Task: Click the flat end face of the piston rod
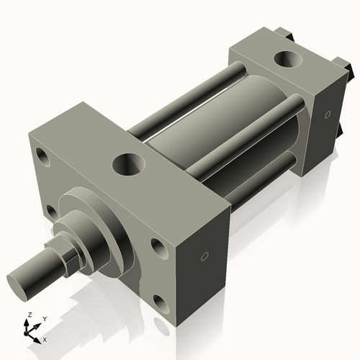click(21, 279)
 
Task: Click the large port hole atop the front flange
click(130, 163)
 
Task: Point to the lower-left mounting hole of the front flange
click(50, 211)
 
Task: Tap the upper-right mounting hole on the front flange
click(158, 247)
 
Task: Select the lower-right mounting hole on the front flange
click(162, 304)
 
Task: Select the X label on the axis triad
click(45, 338)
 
